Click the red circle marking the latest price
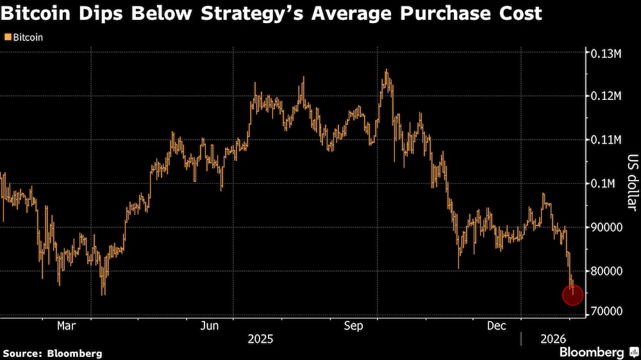tap(572, 295)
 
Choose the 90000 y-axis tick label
tap(606, 227)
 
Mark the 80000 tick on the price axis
tap(606, 270)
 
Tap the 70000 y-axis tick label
tap(606, 311)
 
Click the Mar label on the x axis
tap(67, 326)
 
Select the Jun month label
tap(210, 326)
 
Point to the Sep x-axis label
tap(354, 326)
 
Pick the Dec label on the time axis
tap(497, 326)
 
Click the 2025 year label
tap(260, 338)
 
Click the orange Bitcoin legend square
tap(7, 38)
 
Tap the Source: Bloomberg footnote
tap(53, 353)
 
